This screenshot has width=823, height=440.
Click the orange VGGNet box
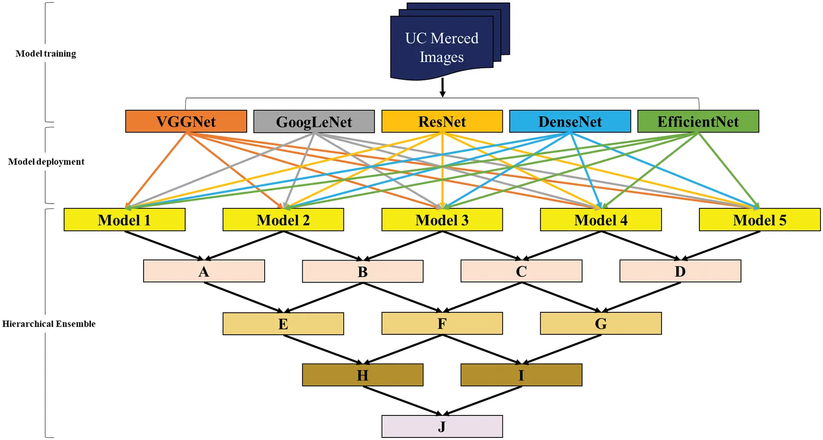click(x=186, y=121)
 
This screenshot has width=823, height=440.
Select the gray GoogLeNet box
click(x=314, y=121)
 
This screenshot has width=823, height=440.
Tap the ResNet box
click(x=442, y=121)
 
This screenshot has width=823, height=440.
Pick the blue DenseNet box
click(x=570, y=121)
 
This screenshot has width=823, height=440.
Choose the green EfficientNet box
click(x=698, y=121)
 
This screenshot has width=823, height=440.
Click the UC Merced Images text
click(x=442, y=48)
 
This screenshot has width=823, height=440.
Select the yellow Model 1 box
click(x=124, y=220)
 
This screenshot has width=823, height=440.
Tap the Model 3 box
click(x=442, y=220)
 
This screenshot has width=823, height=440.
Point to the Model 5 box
click(x=759, y=220)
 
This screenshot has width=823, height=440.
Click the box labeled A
click(x=204, y=271)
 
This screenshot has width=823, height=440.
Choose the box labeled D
click(x=680, y=271)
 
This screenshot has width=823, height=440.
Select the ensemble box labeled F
click(x=442, y=324)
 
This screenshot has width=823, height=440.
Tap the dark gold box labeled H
click(x=362, y=375)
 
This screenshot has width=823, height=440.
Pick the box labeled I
click(x=521, y=375)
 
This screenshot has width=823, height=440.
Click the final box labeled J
click(x=442, y=426)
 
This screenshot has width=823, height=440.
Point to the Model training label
click(x=46, y=53)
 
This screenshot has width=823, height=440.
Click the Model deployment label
click(x=46, y=162)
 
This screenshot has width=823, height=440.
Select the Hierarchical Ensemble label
click(x=49, y=324)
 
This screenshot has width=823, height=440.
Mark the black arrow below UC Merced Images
click(x=442, y=87)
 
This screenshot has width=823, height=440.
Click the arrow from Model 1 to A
click(x=164, y=245)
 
